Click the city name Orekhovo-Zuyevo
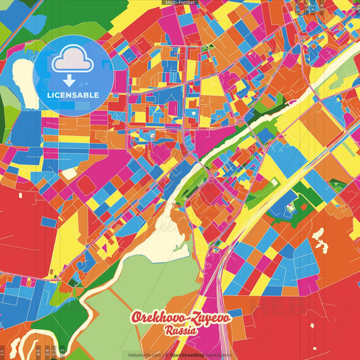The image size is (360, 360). click(180, 318)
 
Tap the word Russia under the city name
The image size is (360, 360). click(180, 331)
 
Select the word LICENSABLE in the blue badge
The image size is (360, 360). click(74, 95)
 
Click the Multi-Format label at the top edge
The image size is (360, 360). click(180, 3)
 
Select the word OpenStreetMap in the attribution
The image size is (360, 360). click(188, 355)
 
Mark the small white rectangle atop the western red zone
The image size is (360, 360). click(21, 195)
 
